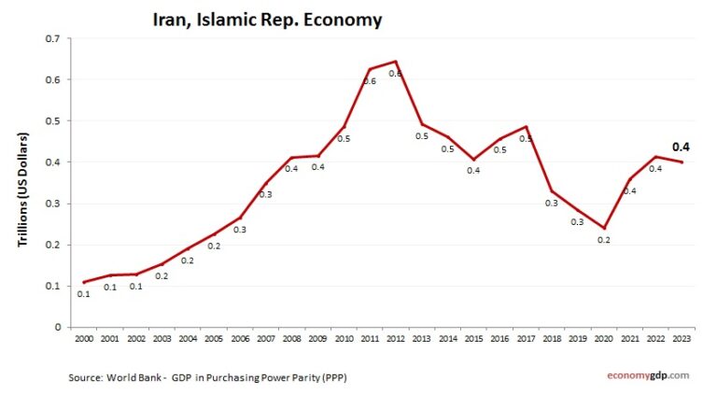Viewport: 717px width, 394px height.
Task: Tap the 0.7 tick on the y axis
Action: [53, 38]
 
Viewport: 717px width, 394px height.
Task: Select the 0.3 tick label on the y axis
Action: [53, 204]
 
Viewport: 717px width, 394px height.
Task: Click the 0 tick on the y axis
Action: [57, 327]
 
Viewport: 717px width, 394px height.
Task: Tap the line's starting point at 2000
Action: [84, 282]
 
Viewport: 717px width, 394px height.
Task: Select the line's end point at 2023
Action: [681, 162]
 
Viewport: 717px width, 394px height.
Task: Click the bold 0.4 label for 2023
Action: [682, 147]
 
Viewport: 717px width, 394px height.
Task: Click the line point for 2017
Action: [526, 126]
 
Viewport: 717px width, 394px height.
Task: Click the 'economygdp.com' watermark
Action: [644, 374]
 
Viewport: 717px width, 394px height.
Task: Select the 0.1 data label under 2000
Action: [84, 294]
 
